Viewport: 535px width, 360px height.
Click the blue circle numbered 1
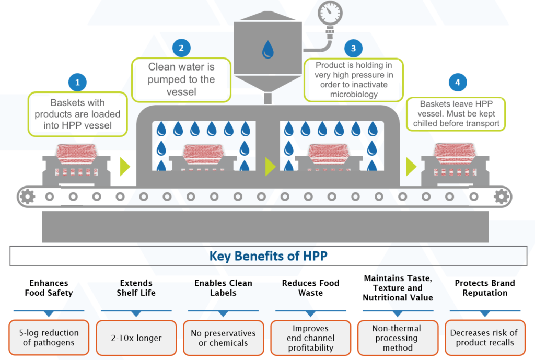click(x=77, y=82)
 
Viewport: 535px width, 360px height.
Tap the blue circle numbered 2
click(x=181, y=48)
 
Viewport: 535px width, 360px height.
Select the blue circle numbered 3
click(x=353, y=49)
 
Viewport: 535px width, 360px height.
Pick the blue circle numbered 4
click(x=458, y=82)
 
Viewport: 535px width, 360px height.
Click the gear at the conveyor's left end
click(x=27, y=196)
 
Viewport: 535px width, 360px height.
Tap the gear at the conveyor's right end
click(x=502, y=196)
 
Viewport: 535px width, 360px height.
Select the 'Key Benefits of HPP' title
click(x=268, y=256)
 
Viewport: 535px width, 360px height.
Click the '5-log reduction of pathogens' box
click(x=49, y=338)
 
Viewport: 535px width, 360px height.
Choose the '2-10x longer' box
click(x=136, y=338)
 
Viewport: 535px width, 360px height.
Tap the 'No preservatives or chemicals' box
click(x=223, y=338)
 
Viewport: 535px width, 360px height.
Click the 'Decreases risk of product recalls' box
click(x=484, y=338)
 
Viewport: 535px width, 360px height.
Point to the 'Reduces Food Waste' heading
click(x=310, y=288)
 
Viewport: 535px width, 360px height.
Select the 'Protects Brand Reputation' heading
click(x=484, y=288)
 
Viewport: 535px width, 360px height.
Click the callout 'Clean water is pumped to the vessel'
click(x=181, y=79)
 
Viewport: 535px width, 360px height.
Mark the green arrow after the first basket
click(x=125, y=166)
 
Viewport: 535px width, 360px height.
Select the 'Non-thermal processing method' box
click(x=398, y=338)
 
